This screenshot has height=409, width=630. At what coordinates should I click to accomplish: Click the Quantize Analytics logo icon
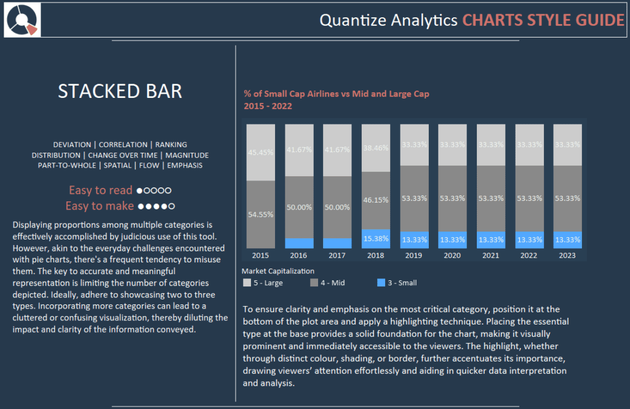pyautogui.click(x=23, y=20)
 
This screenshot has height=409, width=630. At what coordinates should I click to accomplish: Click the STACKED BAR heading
pyautogui.click(x=120, y=91)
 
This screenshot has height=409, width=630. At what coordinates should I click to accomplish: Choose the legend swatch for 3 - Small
pyautogui.click(x=381, y=283)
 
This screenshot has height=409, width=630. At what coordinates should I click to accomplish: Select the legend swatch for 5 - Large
pyautogui.click(x=247, y=283)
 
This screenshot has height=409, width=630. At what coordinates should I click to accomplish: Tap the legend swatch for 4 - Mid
pyautogui.click(x=314, y=283)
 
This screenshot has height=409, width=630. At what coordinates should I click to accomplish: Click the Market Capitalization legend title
pyautogui.click(x=277, y=271)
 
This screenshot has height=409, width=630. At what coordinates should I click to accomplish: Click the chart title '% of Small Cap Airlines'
pyautogui.click(x=336, y=94)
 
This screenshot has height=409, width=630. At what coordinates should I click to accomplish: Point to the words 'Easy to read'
pyautogui.click(x=100, y=190)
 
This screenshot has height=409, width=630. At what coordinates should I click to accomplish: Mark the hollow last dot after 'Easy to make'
pyautogui.click(x=172, y=206)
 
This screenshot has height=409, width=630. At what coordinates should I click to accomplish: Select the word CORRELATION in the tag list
pyautogui.click(x=123, y=145)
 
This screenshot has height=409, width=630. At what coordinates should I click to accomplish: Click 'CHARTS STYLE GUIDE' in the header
pyautogui.click(x=543, y=20)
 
